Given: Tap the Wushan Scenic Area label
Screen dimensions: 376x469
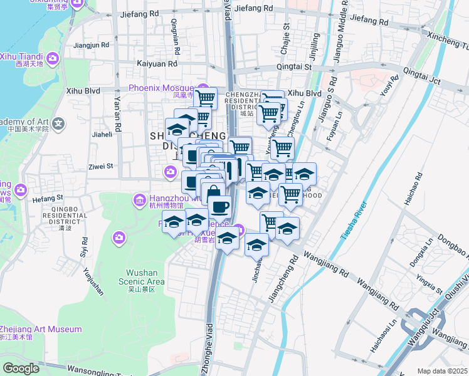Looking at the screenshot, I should pyautogui.click(x=145, y=277).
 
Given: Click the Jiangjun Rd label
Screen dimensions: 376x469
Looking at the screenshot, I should pyautogui.click(x=92, y=45).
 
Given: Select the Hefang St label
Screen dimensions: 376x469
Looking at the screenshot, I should pyautogui.click(x=44, y=199).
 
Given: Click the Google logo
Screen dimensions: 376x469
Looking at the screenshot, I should pyautogui.click(x=21, y=368).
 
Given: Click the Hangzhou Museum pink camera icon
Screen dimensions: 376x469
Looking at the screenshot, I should pyautogui.click(x=139, y=201).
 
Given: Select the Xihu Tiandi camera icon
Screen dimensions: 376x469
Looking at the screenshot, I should pyautogui.click(x=53, y=58).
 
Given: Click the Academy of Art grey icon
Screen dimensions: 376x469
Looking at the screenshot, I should pyautogui.click(x=59, y=123).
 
